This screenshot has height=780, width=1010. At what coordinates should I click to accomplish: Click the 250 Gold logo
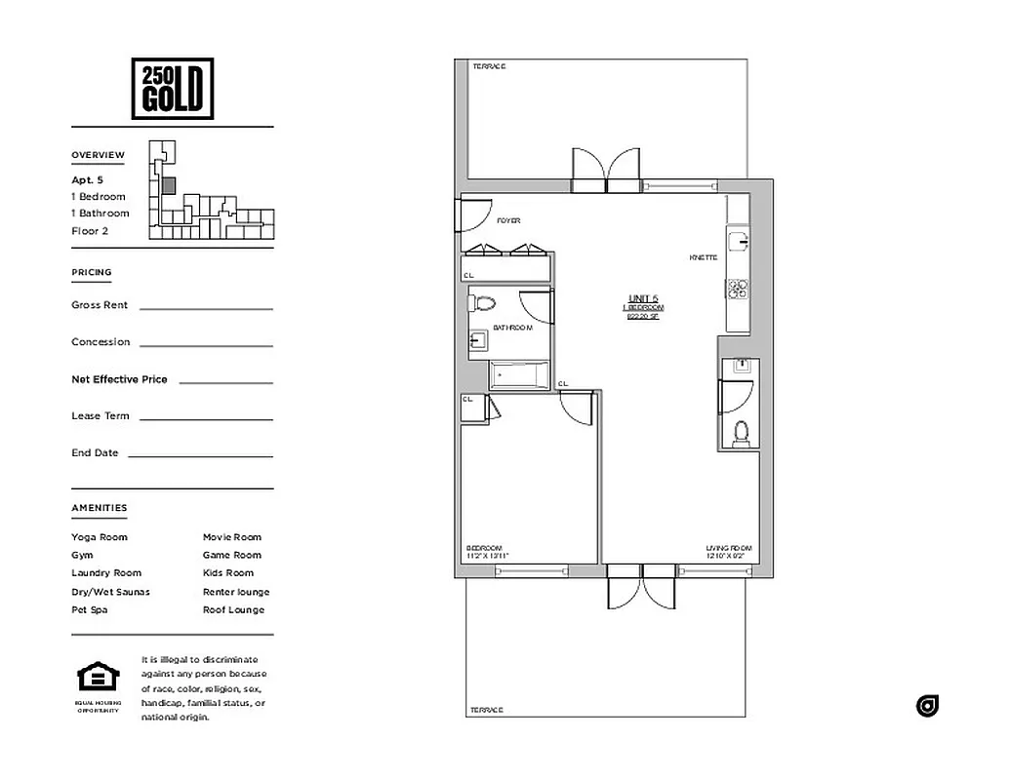point(172,88)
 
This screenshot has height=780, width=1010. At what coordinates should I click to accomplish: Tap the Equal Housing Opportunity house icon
point(98,677)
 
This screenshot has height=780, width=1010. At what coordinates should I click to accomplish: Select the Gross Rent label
point(100,305)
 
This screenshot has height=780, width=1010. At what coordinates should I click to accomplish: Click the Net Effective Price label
point(119,379)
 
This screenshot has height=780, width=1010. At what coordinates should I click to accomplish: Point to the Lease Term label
point(100,416)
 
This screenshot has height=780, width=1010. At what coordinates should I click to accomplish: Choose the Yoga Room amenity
point(100,537)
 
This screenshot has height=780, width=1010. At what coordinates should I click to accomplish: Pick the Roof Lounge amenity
point(233,610)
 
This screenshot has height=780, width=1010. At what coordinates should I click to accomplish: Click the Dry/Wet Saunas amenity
point(110,592)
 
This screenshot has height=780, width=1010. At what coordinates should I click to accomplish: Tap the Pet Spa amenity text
point(90,610)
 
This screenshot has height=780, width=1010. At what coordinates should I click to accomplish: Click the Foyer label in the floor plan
point(508,221)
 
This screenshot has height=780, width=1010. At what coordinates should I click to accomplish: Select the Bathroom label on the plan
point(512,328)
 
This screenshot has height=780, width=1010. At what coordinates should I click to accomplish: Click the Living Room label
point(729,549)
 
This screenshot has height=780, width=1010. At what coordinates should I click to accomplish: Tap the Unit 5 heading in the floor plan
point(643,298)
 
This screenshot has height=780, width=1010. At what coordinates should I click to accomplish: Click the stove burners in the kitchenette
point(737,288)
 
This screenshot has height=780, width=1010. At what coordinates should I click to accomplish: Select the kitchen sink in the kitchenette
point(738,240)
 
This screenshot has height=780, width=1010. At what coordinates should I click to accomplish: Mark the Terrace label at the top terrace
point(489,66)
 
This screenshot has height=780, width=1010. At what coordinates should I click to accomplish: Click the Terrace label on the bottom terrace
point(485,710)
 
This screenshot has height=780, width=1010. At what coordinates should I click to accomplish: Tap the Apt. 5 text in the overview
point(87,180)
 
